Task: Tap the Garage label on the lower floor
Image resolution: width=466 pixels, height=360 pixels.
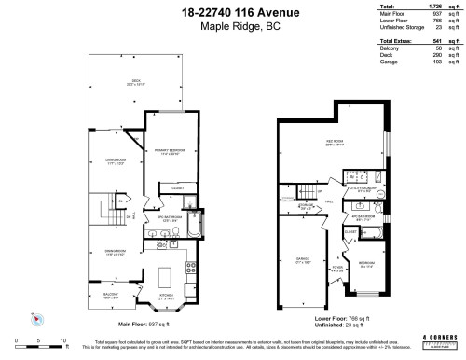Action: (x=302, y=262)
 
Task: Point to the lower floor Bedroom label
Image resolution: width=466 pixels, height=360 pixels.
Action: (x=367, y=264)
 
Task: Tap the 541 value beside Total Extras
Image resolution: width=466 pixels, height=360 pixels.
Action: (x=438, y=43)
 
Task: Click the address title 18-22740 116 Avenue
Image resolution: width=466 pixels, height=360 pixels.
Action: (x=232, y=12)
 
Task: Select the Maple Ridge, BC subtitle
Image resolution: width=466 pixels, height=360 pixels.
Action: (x=232, y=26)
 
